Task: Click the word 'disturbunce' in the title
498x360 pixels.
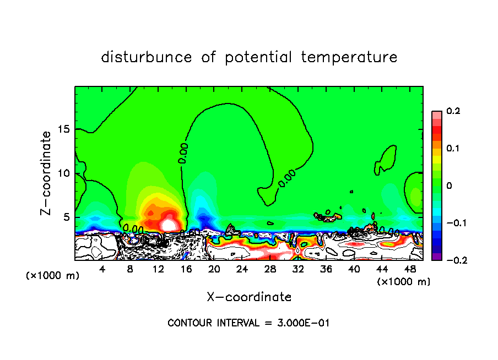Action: [147, 57]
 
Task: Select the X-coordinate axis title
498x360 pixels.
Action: [249, 297]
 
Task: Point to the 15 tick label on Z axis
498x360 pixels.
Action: [62, 129]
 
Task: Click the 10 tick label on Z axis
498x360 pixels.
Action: [62, 173]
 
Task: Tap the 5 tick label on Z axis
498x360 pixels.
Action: [66, 217]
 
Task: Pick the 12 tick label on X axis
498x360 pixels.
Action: [158, 269]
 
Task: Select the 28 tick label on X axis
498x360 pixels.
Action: [270, 269]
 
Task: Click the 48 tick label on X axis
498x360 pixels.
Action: [409, 269]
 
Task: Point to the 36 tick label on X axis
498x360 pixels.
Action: [326, 269]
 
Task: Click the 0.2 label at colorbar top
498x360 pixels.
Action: [453, 111]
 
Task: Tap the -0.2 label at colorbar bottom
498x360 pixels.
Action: [454, 260]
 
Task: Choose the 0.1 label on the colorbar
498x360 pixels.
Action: [453, 149]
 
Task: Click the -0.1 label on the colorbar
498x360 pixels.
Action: [454, 223]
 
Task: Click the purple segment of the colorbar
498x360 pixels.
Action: [437, 257]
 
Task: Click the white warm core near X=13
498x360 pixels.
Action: [169, 225]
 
